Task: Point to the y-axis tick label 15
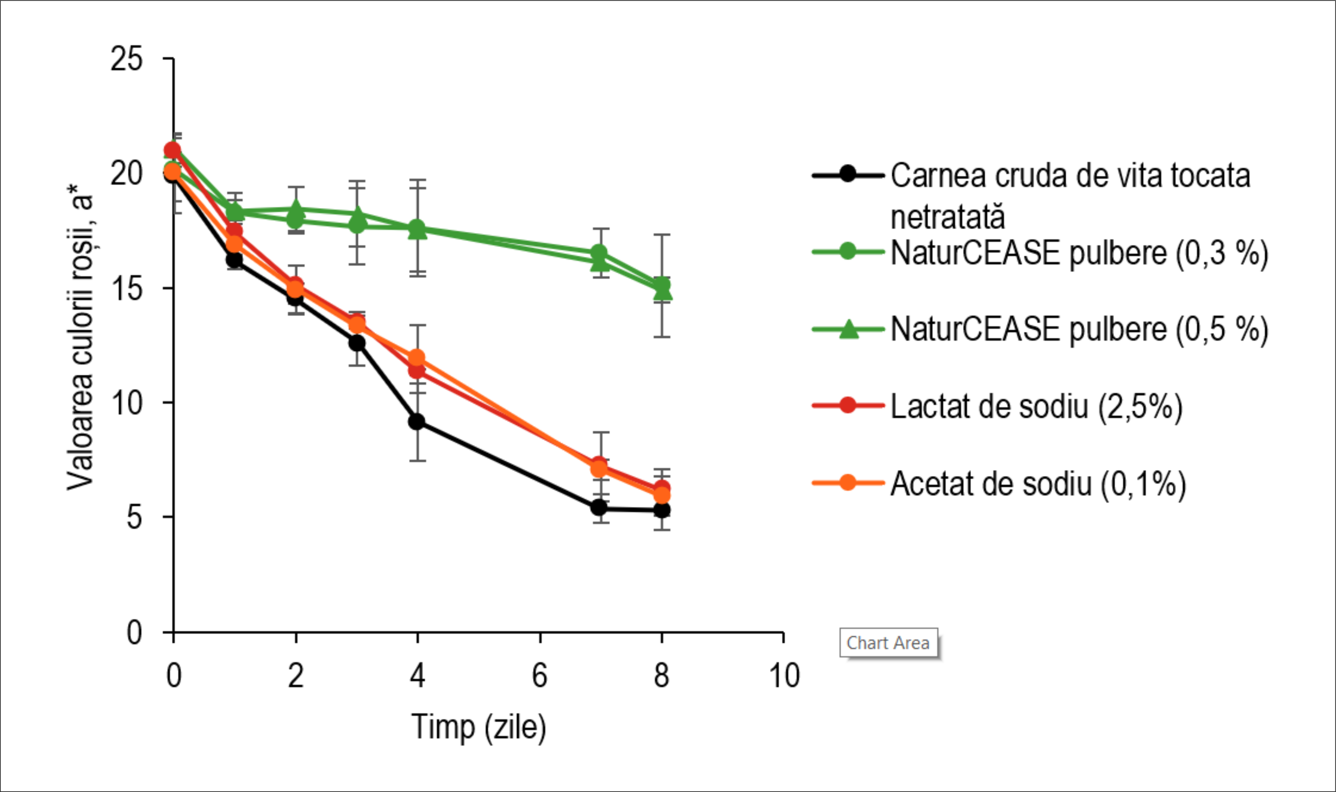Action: pos(126,288)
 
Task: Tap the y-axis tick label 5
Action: pos(134,517)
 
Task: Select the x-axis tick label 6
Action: pos(540,676)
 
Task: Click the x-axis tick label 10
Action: pos(784,676)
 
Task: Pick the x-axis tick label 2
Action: pos(295,676)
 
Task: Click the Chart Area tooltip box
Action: pos(888,643)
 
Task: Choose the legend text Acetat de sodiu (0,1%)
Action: pos(1038,484)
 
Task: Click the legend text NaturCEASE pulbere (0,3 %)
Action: pos(1079,253)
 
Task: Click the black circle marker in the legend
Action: pos(848,174)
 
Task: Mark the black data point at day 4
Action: pos(417,422)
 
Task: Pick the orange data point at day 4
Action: pos(417,358)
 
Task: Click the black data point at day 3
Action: pos(357,343)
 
